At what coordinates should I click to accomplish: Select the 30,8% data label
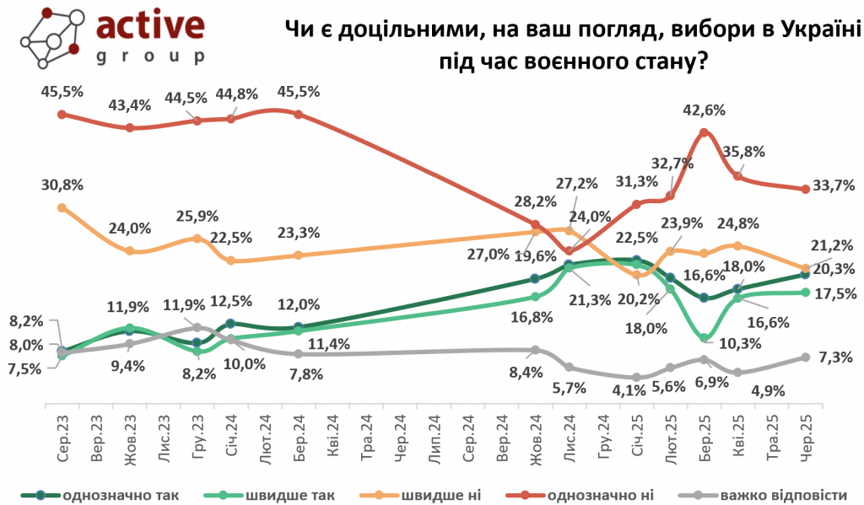62,185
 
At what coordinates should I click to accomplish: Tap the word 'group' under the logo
151,56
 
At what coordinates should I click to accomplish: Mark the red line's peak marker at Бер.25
704,132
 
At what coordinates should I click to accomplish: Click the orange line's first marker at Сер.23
62,207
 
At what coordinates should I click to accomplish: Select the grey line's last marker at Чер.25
805,357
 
